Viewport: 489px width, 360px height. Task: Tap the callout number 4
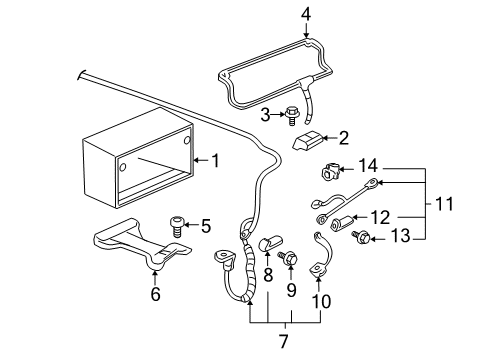point(306,14)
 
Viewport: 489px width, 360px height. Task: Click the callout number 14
point(368,164)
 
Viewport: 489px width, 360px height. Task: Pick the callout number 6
point(155,294)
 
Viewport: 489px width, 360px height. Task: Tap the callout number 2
point(343,138)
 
